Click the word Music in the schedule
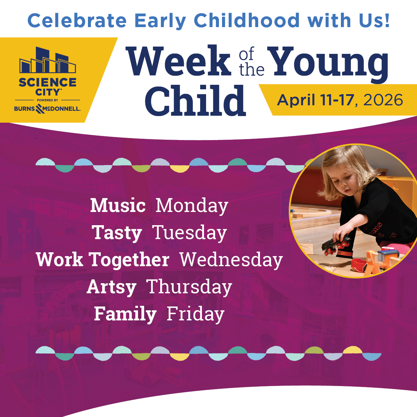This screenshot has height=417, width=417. tap(118, 205)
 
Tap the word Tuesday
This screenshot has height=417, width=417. tap(190, 233)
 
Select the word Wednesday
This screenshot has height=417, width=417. tap(231, 260)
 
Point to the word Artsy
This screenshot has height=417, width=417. tap(112, 287)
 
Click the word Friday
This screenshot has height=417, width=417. tap(195, 314)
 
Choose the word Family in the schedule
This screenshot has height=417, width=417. tap(125, 314)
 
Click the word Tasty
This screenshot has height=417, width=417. tap(117, 233)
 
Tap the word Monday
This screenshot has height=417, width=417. tap(192, 205)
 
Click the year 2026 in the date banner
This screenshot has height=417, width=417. tap(383, 100)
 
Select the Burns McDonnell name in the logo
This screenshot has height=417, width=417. tap(47, 109)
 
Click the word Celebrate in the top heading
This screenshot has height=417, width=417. tap(77, 21)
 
